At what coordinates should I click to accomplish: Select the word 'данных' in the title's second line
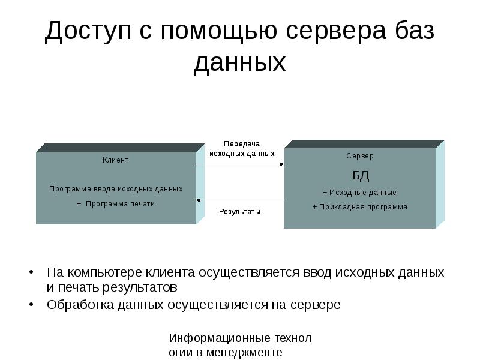point(239,63)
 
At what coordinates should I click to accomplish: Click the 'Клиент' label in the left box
point(116,160)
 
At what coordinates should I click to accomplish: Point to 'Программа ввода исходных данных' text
point(116,188)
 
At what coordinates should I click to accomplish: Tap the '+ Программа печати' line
point(116,203)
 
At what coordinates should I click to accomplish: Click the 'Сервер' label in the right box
point(359,156)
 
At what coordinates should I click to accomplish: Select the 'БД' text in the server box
point(360,176)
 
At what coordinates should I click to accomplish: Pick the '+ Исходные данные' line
point(359,193)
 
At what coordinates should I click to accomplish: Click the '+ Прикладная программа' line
point(359,207)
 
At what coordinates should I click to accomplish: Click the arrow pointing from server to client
point(240,200)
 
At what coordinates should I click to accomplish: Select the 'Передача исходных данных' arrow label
point(242,149)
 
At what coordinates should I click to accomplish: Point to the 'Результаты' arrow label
point(239,212)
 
